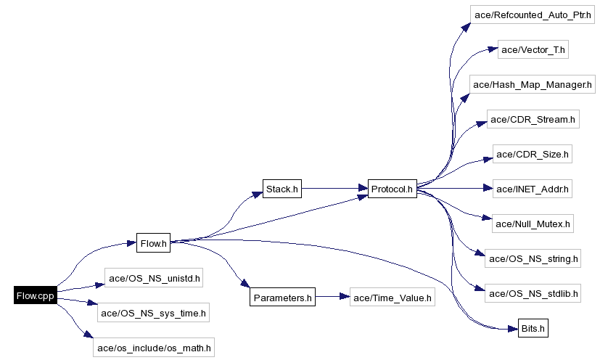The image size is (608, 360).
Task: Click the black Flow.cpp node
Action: [35, 295]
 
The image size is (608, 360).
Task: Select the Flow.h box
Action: [153, 244]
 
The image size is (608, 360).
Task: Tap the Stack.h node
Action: [282, 189]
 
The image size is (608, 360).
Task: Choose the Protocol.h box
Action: [392, 189]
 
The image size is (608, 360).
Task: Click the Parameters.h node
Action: [283, 297]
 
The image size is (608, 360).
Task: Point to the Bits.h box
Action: [533, 329]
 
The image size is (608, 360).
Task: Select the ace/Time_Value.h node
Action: [393, 297]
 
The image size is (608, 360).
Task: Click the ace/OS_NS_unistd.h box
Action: [154, 277]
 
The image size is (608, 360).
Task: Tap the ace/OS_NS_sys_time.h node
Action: [154, 314]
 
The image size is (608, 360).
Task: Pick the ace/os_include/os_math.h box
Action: [154, 348]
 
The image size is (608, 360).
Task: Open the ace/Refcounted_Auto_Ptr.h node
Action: [533, 15]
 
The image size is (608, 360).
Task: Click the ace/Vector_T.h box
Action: [533, 50]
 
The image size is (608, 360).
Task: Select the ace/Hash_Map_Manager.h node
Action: [533, 85]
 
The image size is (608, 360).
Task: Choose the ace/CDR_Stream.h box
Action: [533, 120]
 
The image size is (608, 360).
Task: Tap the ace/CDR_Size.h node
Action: [533, 155]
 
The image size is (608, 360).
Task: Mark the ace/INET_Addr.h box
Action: [533, 189]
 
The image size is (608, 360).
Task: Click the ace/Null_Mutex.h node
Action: [533, 224]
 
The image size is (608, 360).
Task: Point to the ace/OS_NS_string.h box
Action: [533, 258]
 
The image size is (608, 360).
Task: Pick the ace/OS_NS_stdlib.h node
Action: [533, 293]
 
